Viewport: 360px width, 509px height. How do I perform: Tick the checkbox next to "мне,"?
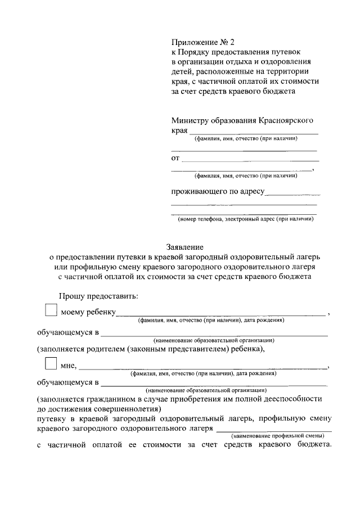tap(51, 364)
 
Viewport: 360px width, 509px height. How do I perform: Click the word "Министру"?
tap(191, 120)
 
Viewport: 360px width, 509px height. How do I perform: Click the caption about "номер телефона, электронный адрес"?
tap(245, 219)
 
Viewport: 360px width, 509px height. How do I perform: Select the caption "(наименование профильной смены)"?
tap(278, 435)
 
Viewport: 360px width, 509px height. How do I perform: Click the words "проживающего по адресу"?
tap(217, 191)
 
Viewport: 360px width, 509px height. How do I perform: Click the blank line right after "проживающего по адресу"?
tap(290, 194)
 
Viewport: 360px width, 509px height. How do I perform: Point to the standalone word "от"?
tap(175, 158)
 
